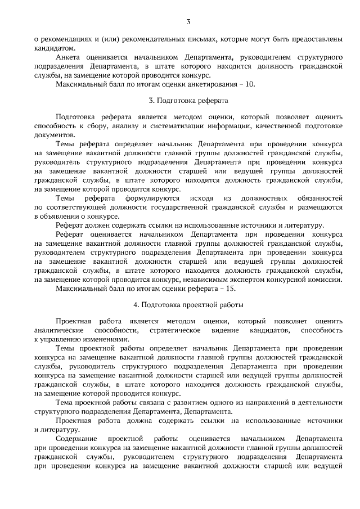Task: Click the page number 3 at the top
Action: (x=188, y=22)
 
